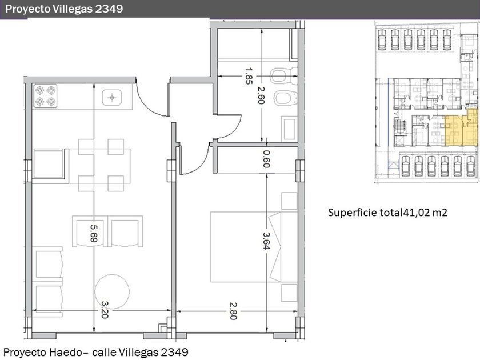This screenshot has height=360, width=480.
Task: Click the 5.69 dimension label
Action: (94, 233)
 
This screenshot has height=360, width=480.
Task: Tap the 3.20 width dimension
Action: (105, 310)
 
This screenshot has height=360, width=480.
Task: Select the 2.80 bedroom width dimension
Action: (233, 311)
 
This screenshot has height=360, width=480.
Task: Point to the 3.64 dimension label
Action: (266, 241)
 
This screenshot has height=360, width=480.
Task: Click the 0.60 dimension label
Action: (266, 159)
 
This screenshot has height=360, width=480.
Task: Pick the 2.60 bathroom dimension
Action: (261, 95)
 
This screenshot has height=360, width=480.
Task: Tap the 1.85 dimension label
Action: (249, 76)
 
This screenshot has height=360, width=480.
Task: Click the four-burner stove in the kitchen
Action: (45, 96)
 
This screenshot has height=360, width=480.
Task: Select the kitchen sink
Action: (112, 98)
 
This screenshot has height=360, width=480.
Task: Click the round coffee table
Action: (112, 291)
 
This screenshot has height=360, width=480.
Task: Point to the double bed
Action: (246, 247)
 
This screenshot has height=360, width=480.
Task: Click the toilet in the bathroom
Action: (284, 75)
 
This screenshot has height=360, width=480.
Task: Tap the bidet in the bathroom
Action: (285, 98)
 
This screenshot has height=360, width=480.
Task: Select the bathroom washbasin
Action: (289, 129)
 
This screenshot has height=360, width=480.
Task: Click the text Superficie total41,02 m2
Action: (387, 212)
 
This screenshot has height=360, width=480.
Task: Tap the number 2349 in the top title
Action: (109, 9)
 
